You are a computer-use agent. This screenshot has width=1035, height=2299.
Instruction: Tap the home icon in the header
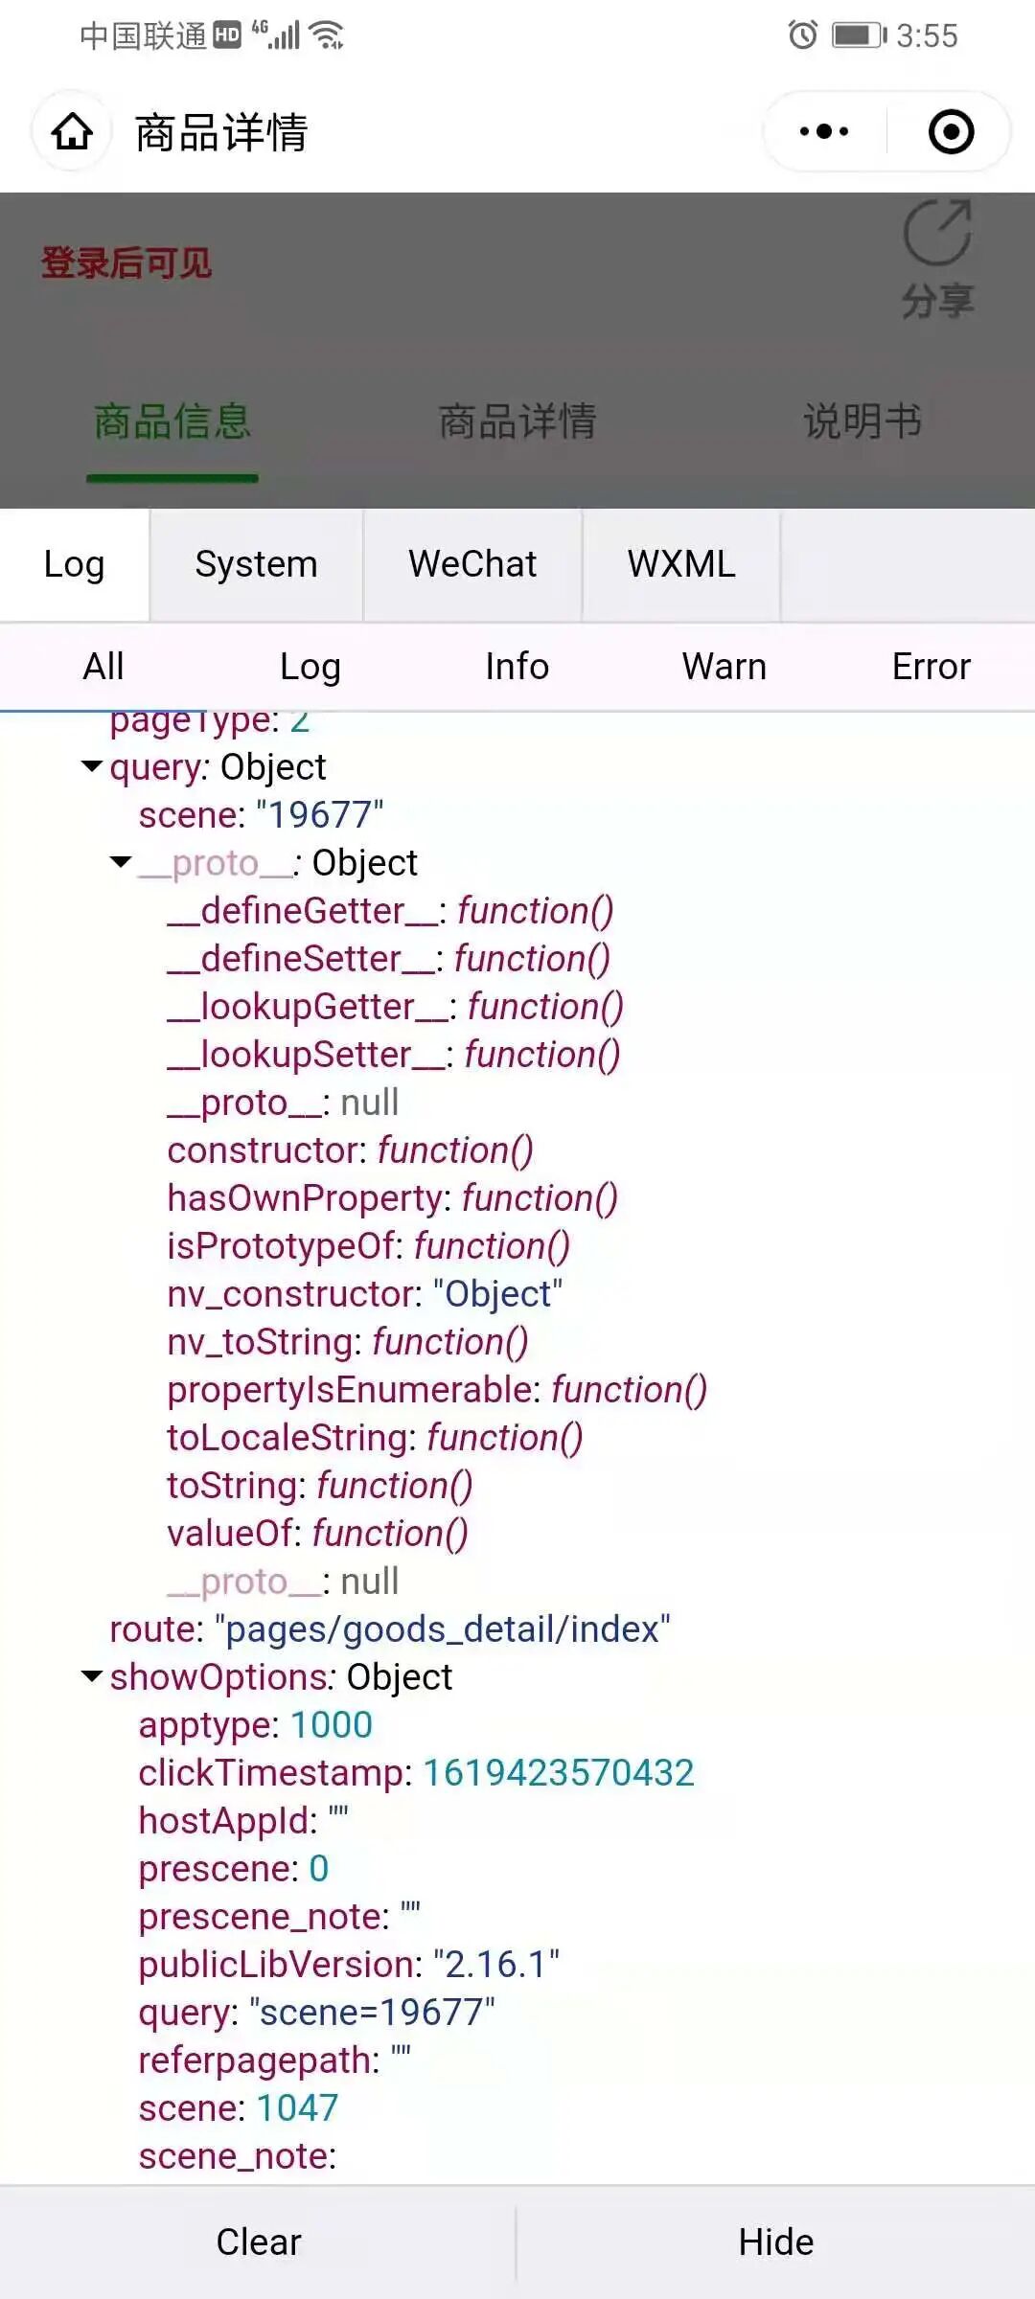(x=72, y=132)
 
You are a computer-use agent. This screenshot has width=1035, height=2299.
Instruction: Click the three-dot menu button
(x=824, y=132)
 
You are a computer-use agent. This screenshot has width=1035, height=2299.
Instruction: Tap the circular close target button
(x=951, y=132)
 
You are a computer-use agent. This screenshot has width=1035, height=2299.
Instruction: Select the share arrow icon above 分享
(x=937, y=233)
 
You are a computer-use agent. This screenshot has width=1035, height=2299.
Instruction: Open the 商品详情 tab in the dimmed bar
(x=517, y=421)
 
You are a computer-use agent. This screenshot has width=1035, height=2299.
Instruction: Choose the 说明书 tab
(x=862, y=421)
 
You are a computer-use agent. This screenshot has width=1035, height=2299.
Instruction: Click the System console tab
(x=256, y=564)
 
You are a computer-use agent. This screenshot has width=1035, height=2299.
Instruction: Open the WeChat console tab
(x=472, y=564)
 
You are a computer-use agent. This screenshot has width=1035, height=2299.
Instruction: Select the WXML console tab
(x=681, y=564)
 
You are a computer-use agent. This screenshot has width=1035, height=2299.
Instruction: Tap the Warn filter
(x=724, y=667)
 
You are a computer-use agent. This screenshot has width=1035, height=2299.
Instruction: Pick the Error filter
(x=931, y=667)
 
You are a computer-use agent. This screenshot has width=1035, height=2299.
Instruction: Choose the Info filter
(x=517, y=667)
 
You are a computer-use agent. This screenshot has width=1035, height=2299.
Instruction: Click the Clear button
(x=259, y=2242)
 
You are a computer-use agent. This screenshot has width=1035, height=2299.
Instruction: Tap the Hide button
(x=776, y=2242)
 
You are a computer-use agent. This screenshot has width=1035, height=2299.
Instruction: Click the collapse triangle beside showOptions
(x=92, y=1676)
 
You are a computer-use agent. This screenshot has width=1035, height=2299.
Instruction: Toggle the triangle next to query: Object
(x=92, y=766)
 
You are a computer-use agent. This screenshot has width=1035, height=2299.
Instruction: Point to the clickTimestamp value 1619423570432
(x=559, y=1773)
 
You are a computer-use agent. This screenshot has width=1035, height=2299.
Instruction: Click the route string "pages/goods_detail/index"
(x=443, y=1629)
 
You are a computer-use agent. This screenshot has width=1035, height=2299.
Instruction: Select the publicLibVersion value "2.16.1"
(x=496, y=1965)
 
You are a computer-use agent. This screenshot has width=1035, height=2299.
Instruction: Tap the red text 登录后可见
(x=126, y=263)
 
